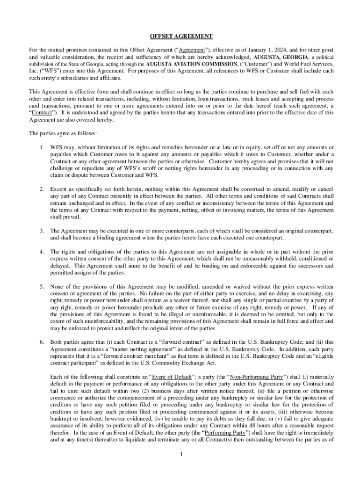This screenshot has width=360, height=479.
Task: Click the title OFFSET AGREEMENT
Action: tap(180, 36)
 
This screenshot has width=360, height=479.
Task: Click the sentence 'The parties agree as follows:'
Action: tap(63, 133)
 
